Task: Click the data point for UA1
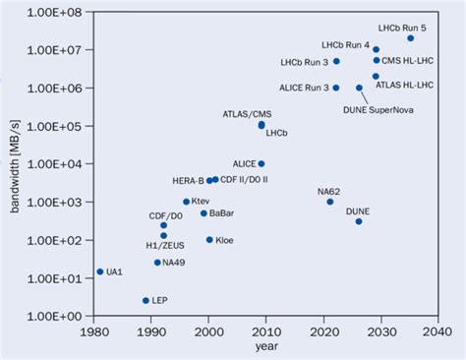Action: click(99, 271)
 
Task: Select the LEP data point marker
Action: click(146, 301)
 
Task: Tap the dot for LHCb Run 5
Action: click(410, 37)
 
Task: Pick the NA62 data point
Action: click(330, 202)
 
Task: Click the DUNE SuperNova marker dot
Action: click(359, 88)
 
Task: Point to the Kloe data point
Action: click(209, 239)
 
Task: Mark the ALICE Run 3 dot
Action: click(336, 88)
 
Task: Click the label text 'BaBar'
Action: click(222, 212)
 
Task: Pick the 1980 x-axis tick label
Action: click(93, 332)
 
